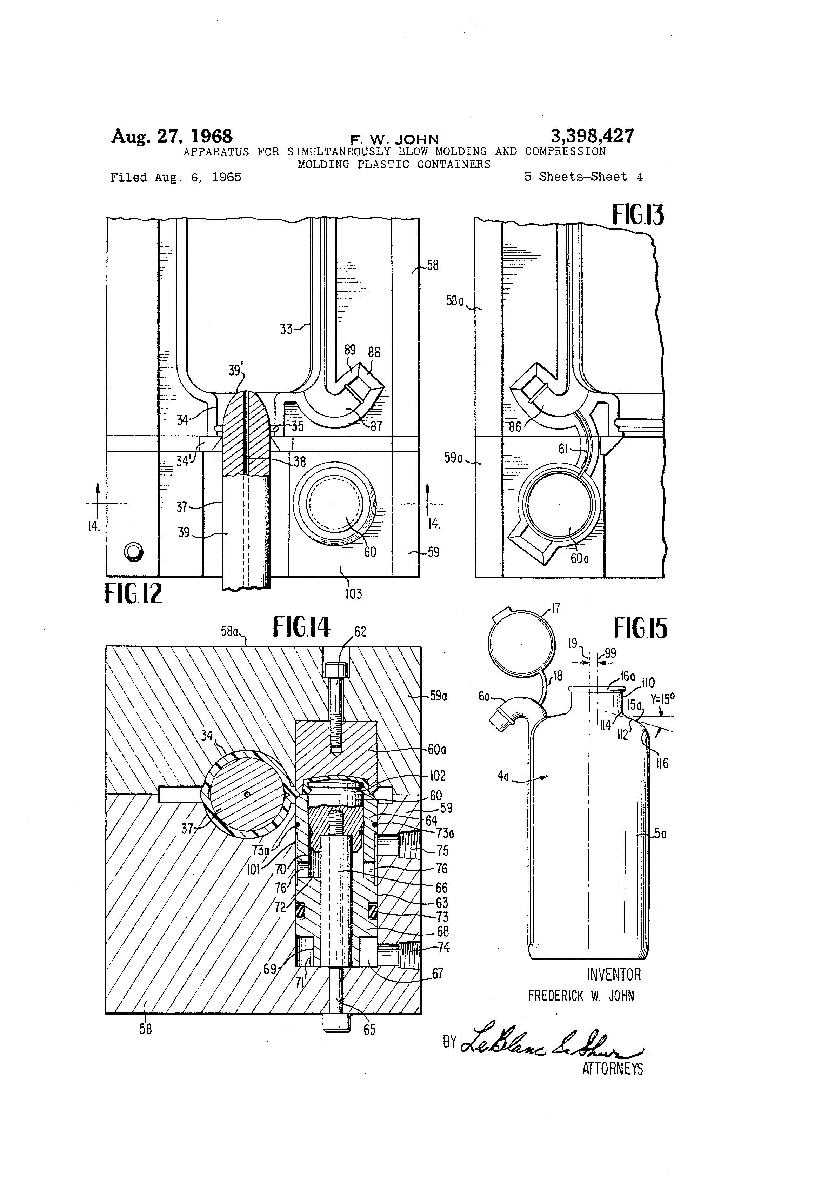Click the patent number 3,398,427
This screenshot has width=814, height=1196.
coord(592,137)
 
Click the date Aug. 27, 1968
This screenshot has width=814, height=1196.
coord(172,137)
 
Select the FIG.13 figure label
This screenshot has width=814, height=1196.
coord(638,215)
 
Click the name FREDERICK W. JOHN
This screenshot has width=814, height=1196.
coord(581,996)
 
